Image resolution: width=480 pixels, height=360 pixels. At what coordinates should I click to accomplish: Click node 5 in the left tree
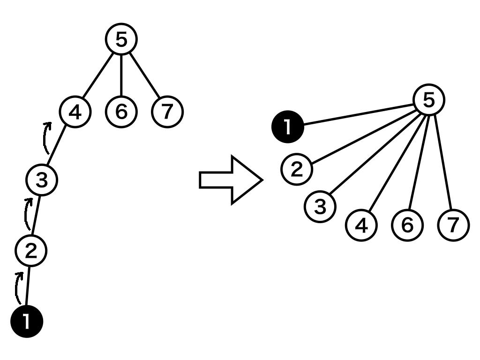[x=121, y=40]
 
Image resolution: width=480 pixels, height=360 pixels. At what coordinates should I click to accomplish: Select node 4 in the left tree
[x=75, y=112]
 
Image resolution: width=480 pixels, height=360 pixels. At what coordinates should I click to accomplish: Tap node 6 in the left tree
[x=121, y=112]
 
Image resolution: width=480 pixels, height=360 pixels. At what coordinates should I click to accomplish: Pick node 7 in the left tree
[x=167, y=112]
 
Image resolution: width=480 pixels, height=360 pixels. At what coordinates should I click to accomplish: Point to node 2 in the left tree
[x=30, y=252]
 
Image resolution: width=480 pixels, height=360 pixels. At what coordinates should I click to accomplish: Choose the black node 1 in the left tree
[x=27, y=322]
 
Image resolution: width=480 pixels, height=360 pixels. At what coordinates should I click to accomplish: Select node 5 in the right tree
[x=428, y=100]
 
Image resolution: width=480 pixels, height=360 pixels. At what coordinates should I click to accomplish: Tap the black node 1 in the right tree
[x=288, y=127]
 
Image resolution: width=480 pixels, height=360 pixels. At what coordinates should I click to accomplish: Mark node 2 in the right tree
[x=297, y=169]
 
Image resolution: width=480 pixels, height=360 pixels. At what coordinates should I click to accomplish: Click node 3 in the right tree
[x=320, y=206]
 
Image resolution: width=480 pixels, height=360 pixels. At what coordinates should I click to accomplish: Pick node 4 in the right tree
[x=361, y=225]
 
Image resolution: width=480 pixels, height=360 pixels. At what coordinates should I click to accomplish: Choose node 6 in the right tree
[x=407, y=225]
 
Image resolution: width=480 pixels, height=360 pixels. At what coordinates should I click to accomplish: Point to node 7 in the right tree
[x=453, y=225]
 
